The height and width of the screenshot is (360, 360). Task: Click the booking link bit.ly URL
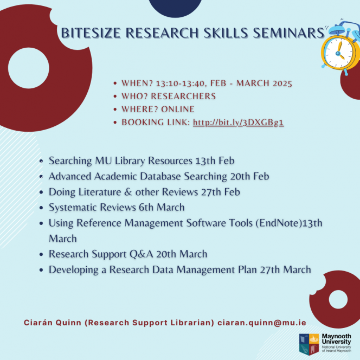[239, 123]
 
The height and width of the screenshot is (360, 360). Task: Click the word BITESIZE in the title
[91, 33]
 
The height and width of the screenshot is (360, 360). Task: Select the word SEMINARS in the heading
[288, 33]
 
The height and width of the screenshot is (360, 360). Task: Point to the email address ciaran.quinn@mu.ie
[262, 323]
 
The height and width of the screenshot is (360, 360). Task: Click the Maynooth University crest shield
[309, 344]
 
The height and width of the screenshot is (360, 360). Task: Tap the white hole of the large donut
[29, 68]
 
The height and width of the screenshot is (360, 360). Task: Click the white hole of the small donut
[338, 299]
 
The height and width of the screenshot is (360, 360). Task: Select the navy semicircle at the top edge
[175, 8]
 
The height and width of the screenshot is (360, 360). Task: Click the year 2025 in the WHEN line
[282, 83]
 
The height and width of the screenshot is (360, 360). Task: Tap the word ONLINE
[178, 109]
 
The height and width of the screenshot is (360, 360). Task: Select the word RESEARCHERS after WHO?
[183, 96]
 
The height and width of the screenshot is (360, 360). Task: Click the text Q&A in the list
[141, 254]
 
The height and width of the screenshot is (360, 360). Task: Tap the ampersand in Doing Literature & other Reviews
[128, 192]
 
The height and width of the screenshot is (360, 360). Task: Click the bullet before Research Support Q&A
[41, 254]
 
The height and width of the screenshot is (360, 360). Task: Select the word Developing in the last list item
[74, 270]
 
